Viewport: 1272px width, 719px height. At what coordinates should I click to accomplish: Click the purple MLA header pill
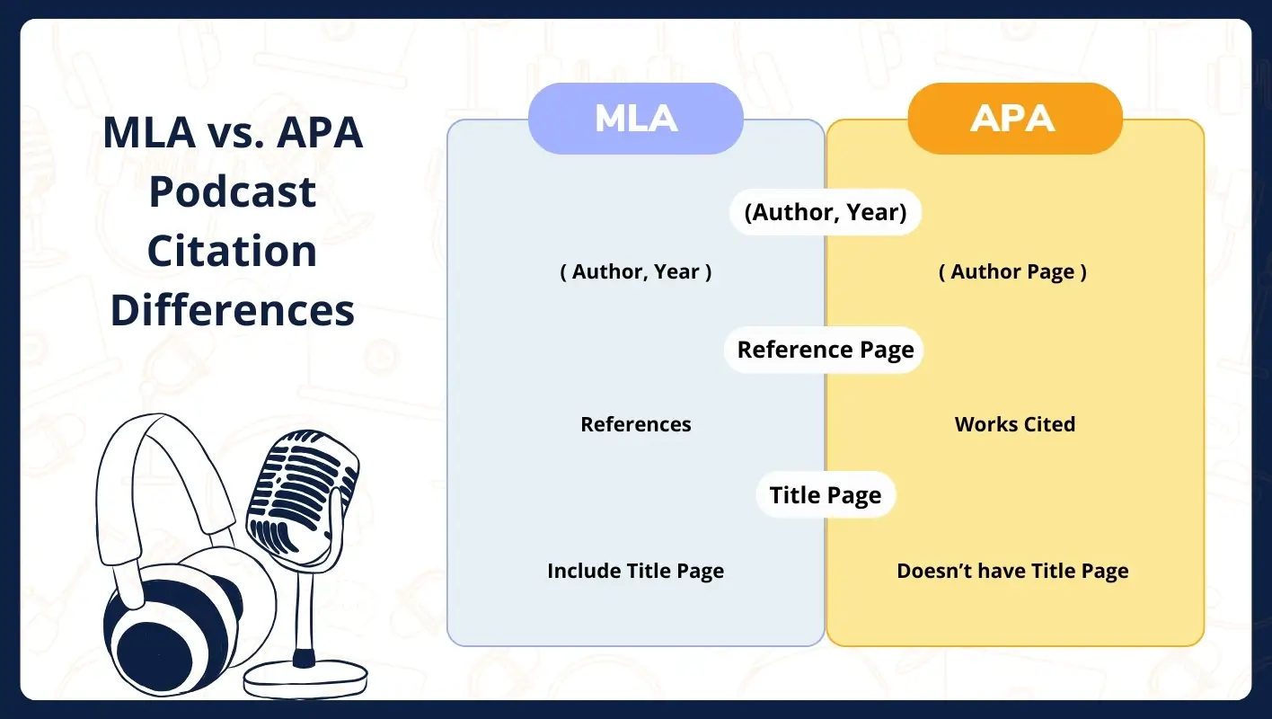(x=635, y=119)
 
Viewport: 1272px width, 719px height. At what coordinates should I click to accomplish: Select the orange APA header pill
(x=1014, y=119)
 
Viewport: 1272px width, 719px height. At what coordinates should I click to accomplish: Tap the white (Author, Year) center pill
(x=826, y=212)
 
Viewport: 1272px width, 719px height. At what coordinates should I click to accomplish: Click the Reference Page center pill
(x=825, y=350)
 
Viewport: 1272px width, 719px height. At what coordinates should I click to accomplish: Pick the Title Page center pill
(x=826, y=495)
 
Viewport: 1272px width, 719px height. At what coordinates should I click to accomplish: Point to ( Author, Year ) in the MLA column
(x=635, y=272)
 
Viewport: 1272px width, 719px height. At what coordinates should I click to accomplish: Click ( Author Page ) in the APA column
(x=1012, y=272)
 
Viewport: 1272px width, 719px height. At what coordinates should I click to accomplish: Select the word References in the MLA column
(x=635, y=424)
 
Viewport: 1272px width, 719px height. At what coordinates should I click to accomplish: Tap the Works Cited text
(x=1014, y=424)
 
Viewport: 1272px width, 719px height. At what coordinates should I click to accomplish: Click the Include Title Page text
(x=635, y=571)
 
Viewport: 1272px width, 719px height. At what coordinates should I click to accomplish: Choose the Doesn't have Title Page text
(x=1012, y=571)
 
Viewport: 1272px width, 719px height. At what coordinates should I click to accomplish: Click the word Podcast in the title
(x=232, y=192)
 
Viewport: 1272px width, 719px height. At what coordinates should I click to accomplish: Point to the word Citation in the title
(x=232, y=252)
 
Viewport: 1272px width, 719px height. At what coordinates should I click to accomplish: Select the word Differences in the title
(x=232, y=311)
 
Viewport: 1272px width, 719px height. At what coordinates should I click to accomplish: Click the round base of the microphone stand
(x=306, y=679)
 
